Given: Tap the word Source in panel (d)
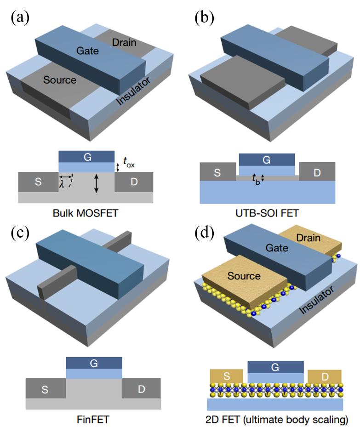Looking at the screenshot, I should [x=244, y=276].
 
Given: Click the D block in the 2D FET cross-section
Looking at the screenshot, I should [x=325, y=377].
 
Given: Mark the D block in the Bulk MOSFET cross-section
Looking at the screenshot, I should [x=134, y=182].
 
